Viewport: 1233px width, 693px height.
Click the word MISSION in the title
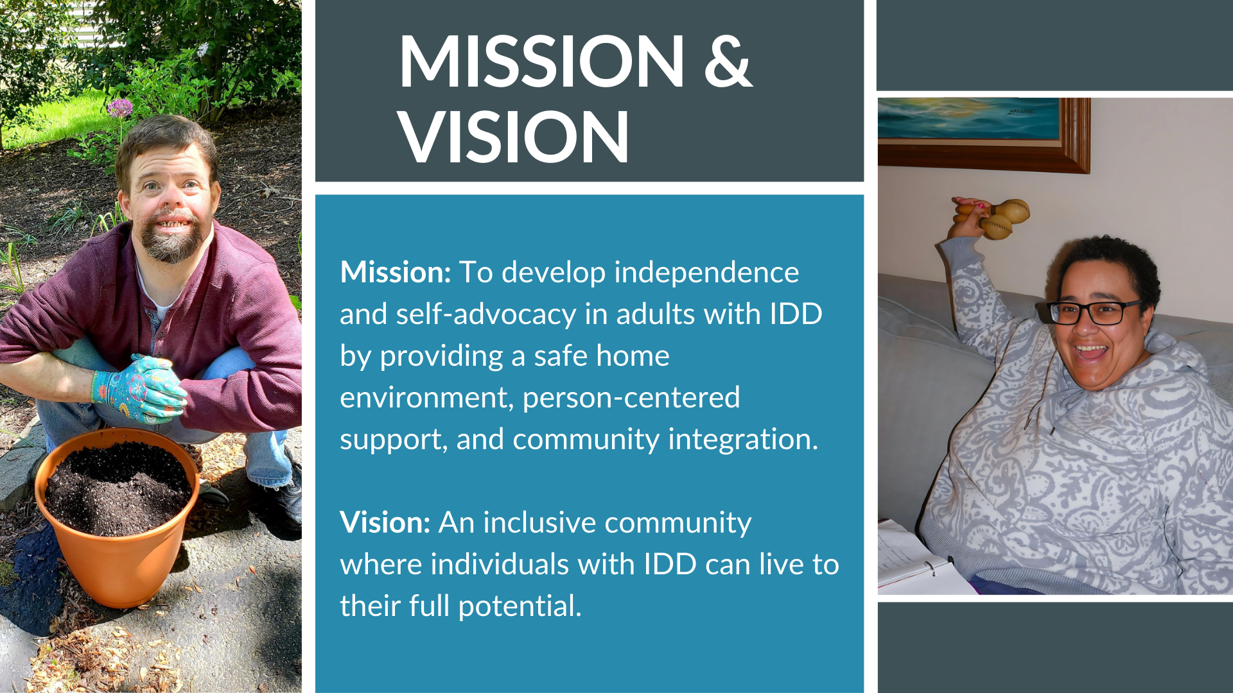[542, 61]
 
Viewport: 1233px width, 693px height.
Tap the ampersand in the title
[728, 61]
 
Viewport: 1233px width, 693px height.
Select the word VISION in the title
[514, 137]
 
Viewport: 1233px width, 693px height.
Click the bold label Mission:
[396, 272]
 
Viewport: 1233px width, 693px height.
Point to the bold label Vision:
[385, 522]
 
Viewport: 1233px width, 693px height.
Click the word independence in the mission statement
[706, 272]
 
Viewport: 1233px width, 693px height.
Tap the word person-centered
[631, 398]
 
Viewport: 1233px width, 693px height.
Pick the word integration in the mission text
[743, 440]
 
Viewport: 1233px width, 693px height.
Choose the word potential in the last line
[520, 607]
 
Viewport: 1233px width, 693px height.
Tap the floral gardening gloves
[138, 388]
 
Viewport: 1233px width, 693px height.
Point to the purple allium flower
[119, 107]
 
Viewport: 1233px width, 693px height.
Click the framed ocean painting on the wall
[983, 135]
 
